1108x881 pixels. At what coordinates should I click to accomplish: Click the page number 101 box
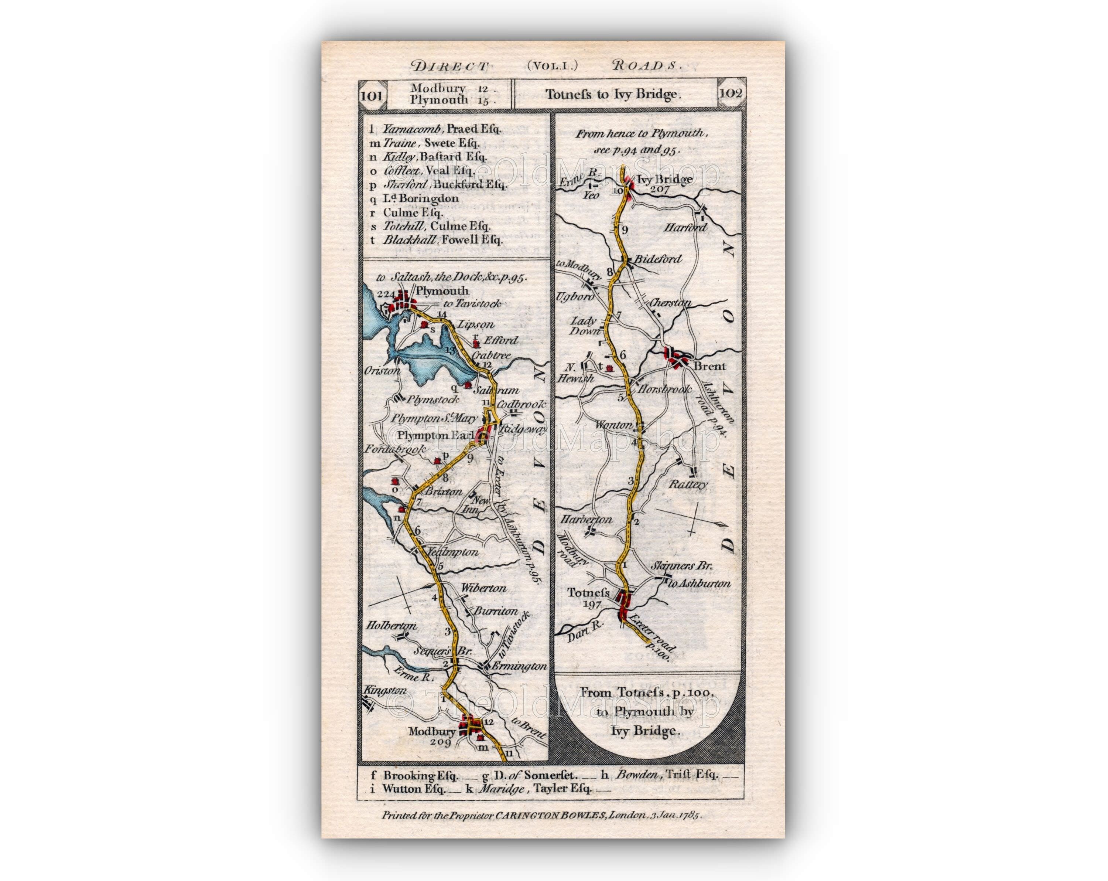[371, 95]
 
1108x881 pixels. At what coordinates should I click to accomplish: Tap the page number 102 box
[730, 93]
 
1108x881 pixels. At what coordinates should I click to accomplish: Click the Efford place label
[501, 340]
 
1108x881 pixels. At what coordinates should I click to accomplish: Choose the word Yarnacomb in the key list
[413, 129]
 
